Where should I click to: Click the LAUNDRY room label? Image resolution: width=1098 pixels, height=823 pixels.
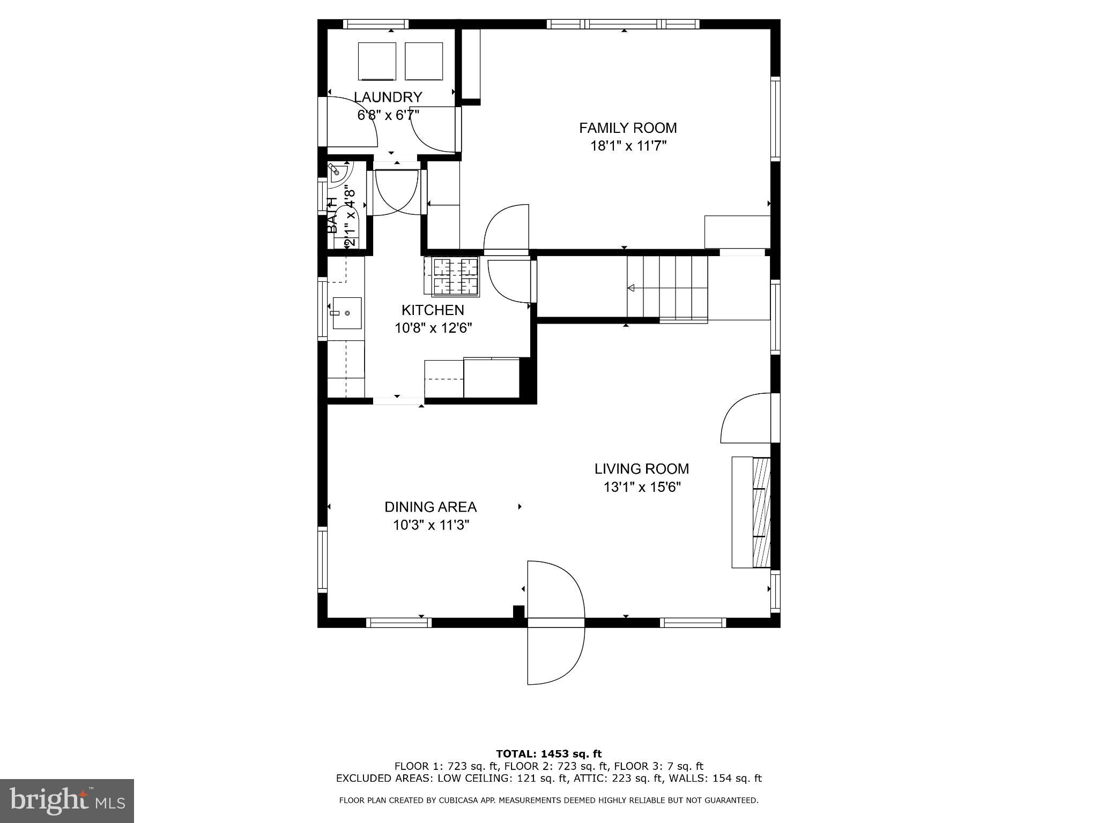[388, 97]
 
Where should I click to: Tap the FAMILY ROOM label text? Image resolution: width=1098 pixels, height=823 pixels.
[628, 128]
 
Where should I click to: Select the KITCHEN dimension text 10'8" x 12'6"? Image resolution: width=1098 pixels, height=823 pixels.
[433, 328]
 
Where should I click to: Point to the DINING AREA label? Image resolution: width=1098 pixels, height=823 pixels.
[431, 507]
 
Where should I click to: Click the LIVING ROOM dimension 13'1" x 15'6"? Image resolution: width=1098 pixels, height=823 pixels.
[642, 487]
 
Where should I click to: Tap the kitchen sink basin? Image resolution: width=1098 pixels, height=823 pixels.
[346, 313]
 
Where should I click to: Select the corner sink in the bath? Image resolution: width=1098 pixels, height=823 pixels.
[338, 173]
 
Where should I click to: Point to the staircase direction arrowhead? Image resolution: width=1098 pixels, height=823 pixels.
[631, 288]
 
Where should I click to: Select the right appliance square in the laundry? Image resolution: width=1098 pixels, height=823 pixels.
[424, 61]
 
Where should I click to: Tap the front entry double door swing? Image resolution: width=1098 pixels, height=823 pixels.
[555, 622]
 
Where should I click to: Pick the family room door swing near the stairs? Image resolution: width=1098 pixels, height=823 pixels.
[507, 228]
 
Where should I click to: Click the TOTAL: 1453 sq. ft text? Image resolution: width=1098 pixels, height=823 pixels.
[548, 754]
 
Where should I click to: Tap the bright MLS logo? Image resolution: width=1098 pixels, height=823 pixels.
[67, 800]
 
